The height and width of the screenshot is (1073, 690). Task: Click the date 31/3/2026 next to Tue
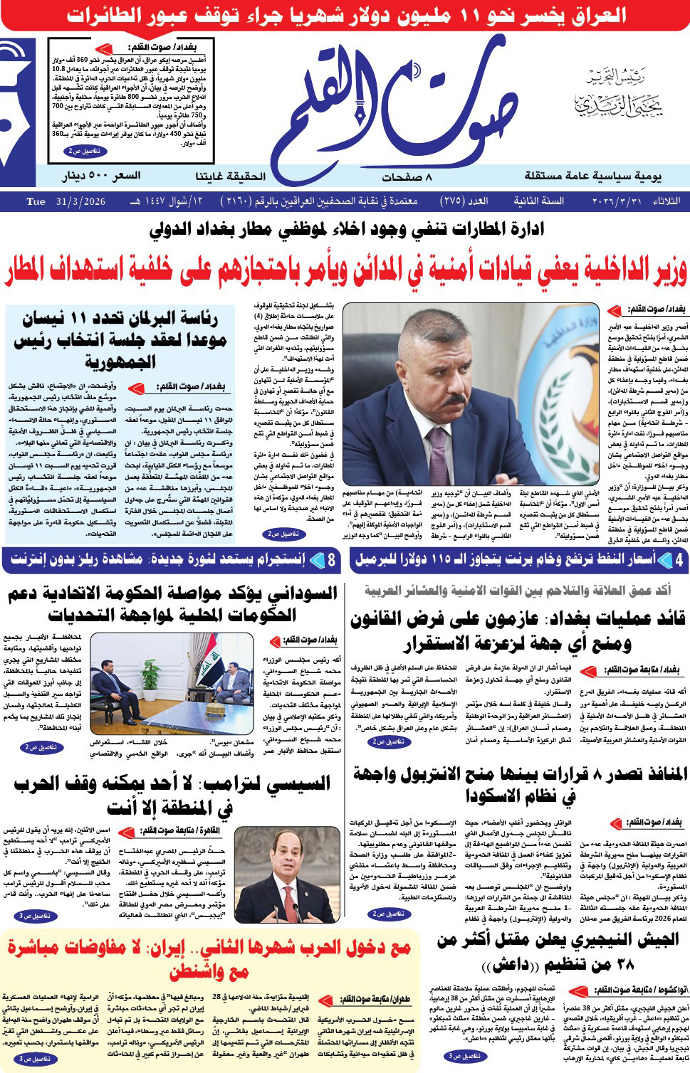pyautogui.click(x=78, y=201)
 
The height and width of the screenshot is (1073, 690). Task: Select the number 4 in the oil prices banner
pyautogui.click(x=678, y=561)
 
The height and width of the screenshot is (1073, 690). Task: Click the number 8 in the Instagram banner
pyautogui.click(x=331, y=561)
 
